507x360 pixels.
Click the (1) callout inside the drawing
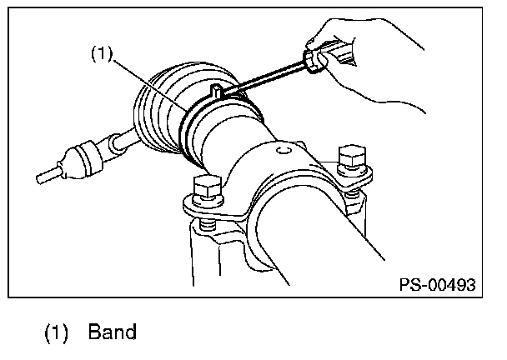pos(101,55)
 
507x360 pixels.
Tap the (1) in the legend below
pos(57,332)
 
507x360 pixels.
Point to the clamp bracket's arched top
pos(275,162)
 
